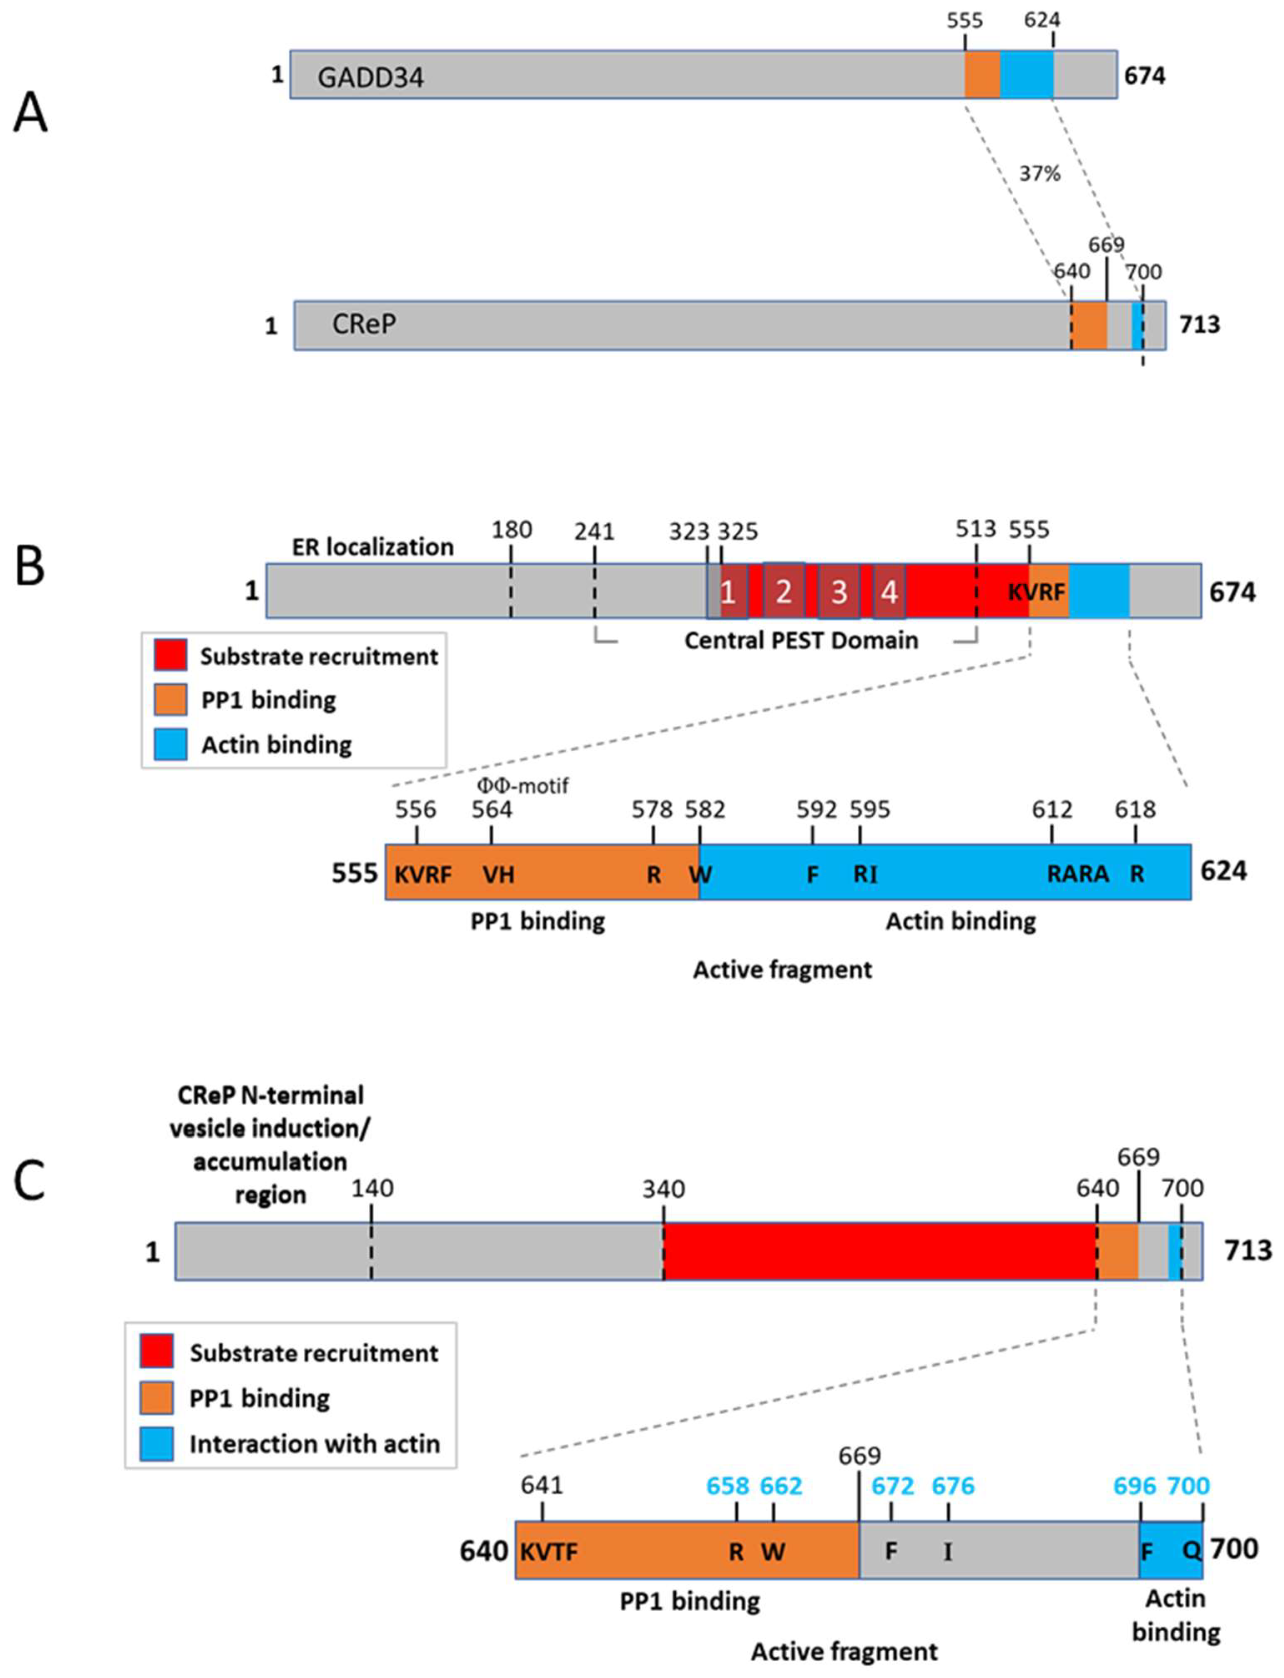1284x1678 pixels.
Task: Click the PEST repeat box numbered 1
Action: [728, 591]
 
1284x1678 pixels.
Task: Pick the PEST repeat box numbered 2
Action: [783, 591]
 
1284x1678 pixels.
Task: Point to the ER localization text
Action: [373, 548]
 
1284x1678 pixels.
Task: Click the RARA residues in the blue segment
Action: [1078, 874]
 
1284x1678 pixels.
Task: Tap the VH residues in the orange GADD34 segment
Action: [498, 874]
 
